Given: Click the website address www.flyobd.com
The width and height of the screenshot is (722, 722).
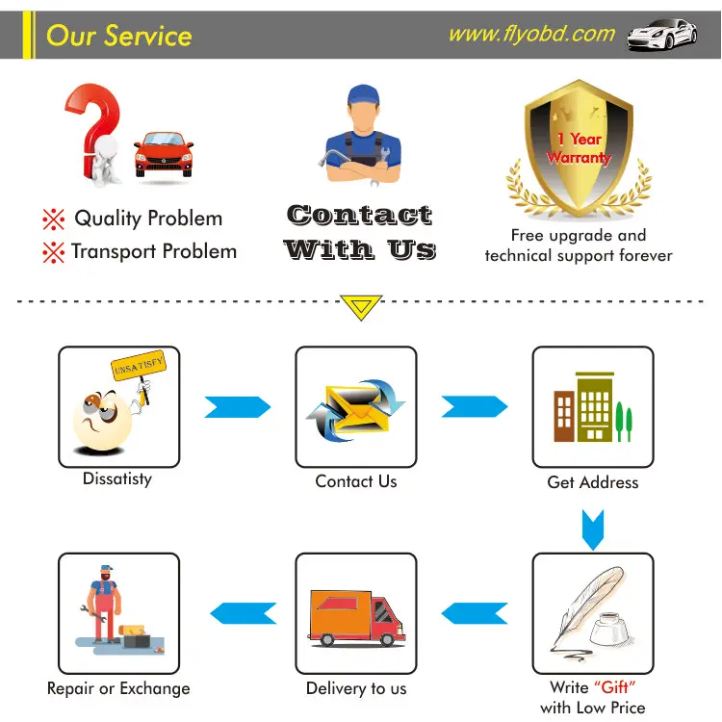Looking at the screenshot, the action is coord(531,35).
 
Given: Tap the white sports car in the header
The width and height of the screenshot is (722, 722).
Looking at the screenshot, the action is coord(661,36).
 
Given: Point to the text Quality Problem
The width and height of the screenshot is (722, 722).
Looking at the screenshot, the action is coord(148,219).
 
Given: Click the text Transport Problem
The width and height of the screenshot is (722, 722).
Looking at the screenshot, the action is coord(153,252).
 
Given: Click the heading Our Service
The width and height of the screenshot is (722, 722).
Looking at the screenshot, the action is coord(118,37).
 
